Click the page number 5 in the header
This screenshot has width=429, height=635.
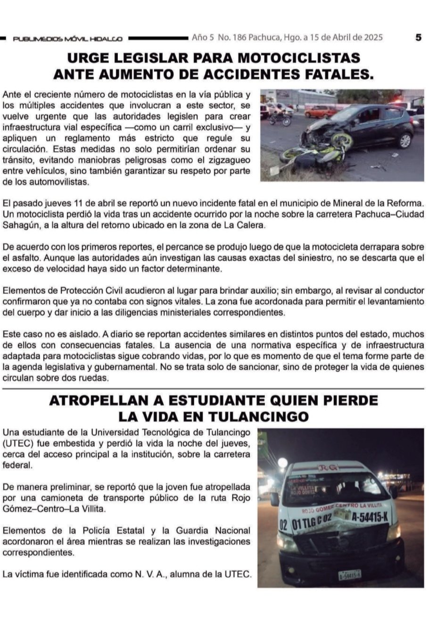[x=418, y=38]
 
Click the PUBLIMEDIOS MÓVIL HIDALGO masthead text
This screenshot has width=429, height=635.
[x=67, y=39]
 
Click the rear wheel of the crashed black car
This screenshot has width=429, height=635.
[x=404, y=140]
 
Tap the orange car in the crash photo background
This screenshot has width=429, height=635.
[x=320, y=112]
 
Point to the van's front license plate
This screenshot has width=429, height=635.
[x=349, y=574]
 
